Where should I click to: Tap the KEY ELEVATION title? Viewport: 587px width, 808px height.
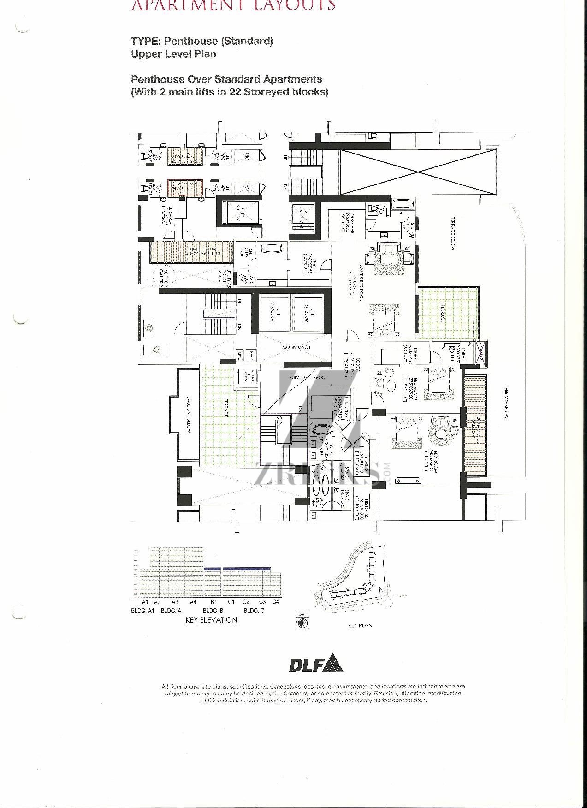211,620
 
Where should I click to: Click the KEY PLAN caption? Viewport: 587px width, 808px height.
360,625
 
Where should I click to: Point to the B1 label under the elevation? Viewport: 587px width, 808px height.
214,602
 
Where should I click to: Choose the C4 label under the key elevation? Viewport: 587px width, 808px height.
276,602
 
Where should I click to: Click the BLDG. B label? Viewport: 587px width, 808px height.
213,611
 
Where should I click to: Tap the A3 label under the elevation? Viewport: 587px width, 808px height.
175,602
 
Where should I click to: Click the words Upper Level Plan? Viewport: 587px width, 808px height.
173,53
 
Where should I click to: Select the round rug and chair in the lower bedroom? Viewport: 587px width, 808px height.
440,434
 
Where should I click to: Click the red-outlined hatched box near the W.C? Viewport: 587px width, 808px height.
185,189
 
